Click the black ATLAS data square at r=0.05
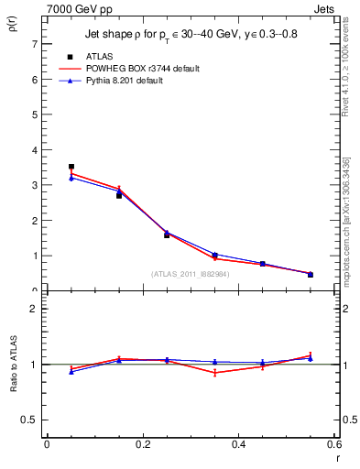click(71, 167)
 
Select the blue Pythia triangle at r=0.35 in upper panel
click(214, 255)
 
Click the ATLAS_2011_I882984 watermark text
click(191, 274)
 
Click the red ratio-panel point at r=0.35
click(214, 373)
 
